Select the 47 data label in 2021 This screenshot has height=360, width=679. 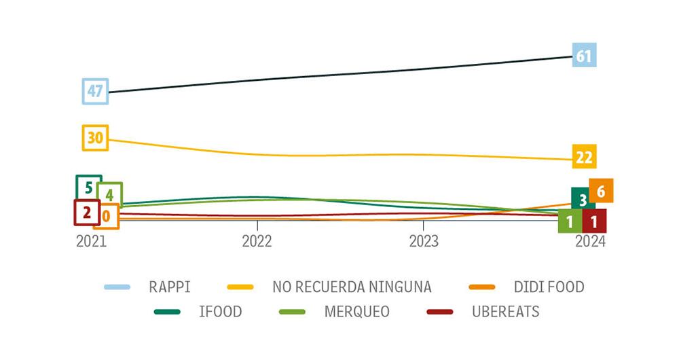(95, 91)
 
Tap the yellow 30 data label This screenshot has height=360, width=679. (95, 138)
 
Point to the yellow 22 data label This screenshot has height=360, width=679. (584, 158)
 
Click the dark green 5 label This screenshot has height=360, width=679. (88, 186)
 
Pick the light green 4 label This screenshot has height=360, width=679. (109, 194)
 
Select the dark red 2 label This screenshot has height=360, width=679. (87, 212)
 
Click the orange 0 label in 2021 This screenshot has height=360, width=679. (107, 217)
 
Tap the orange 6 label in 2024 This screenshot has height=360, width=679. (601, 191)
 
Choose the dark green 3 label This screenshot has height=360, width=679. (583, 199)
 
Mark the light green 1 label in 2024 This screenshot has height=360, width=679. (570, 221)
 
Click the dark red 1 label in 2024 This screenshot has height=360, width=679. (594, 221)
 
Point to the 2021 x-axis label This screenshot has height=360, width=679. (91, 242)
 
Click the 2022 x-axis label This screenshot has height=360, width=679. (257, 242)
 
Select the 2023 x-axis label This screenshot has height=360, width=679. (423, 242)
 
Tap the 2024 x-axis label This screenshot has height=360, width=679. (589, 242)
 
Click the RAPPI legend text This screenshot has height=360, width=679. (170, 287)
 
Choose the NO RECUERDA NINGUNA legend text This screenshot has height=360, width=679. (352, 287)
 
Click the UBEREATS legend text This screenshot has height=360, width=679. (506, 312)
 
